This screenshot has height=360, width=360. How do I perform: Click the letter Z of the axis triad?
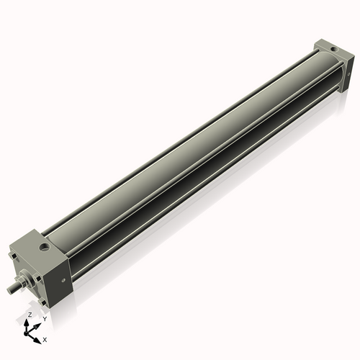(x=30, y=315)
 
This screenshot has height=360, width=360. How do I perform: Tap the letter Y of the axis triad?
(x=44, y=318)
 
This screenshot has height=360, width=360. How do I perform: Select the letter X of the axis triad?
(x=45, y=338)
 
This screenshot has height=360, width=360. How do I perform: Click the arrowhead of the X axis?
(x=40, y=336)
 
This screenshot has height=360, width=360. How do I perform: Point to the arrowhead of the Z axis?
(x=30, y=322)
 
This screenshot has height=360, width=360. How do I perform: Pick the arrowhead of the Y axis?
(x=39, y=323)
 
